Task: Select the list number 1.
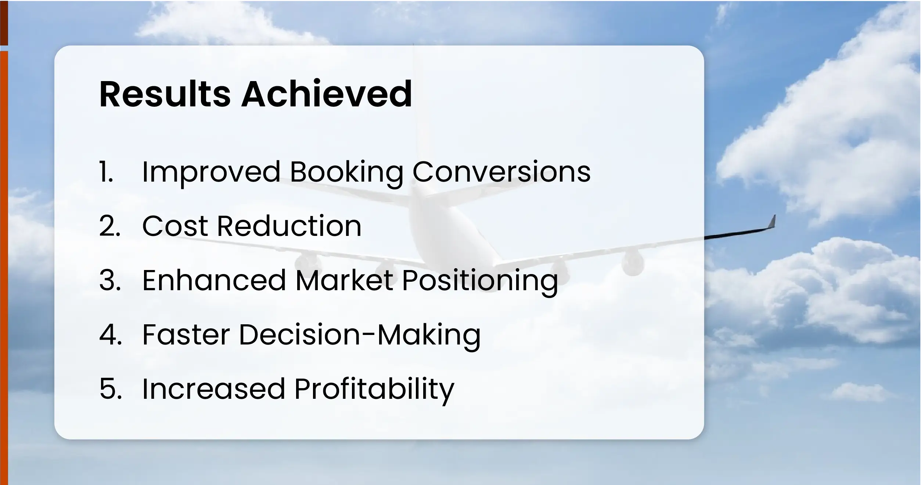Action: [106, 172]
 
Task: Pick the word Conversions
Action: [501, 172]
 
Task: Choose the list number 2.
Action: [109, 226]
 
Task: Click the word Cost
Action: [175, 226]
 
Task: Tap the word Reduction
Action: [289, 226]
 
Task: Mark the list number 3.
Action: [109, 280]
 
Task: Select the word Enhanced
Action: [214, 280]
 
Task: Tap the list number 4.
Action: [110, 335]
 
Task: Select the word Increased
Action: [213, 389]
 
